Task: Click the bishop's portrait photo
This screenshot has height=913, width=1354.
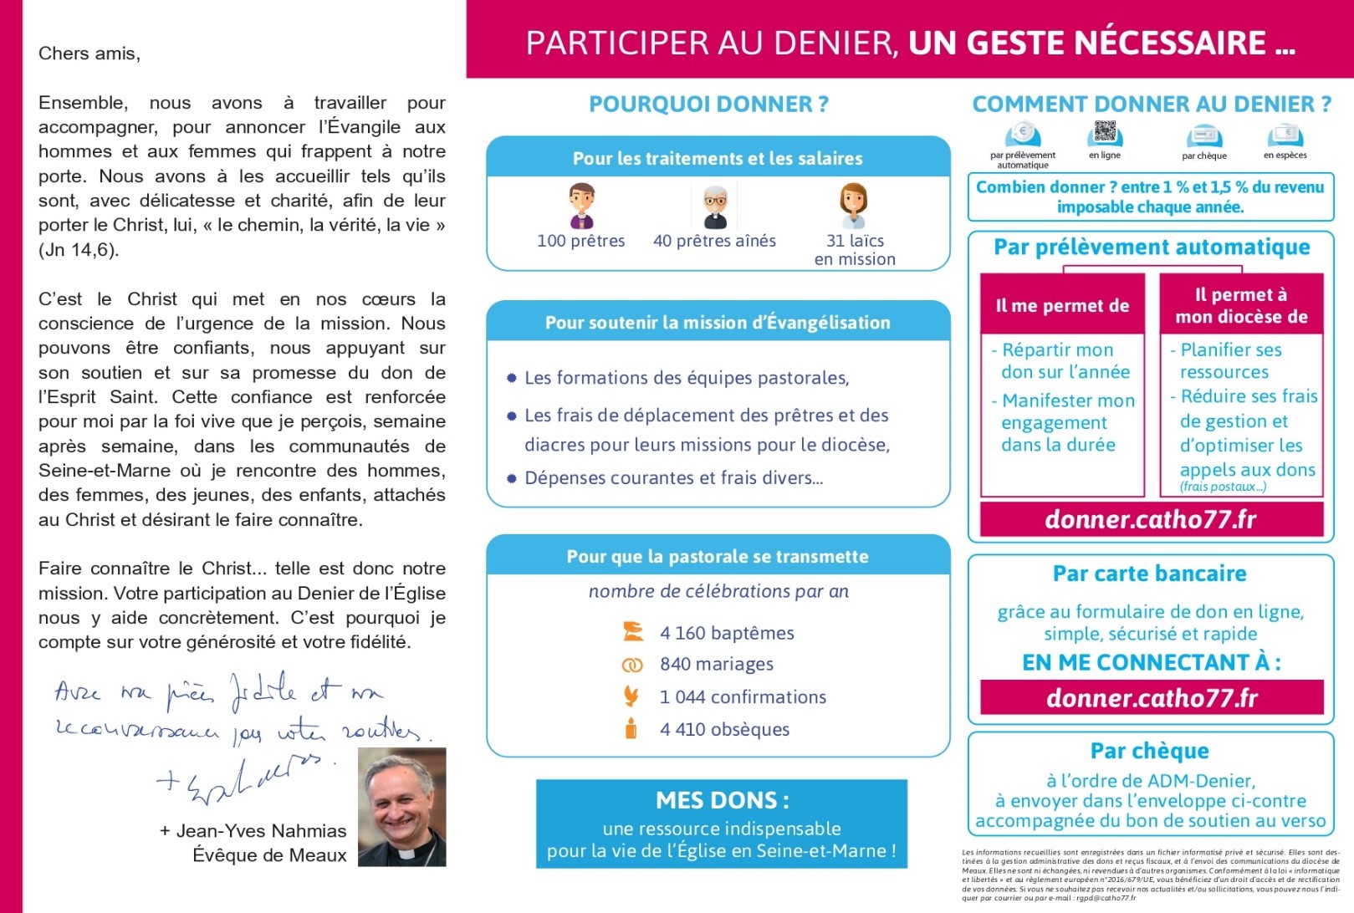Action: click(x=401, y=807)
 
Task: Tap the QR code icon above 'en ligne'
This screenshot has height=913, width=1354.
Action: click(x=1105, y=133)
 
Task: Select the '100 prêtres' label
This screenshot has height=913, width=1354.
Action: click(x=580, y=241)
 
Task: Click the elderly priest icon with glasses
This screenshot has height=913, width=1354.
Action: click(x=715, y=207)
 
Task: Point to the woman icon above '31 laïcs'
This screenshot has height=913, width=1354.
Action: click(x=853, y=205)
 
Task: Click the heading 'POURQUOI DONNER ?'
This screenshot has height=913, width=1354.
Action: click(x=708, y=105)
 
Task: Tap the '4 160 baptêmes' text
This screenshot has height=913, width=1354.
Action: click(x=727, y=633)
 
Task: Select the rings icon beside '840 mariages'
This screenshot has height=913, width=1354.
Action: click(x=632, y=665)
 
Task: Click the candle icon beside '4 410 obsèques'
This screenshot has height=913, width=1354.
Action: click(x=631, y=728)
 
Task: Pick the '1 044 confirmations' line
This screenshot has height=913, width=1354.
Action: click(x=743, y=697)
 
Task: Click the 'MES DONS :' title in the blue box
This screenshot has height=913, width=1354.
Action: click(x=722, y=800)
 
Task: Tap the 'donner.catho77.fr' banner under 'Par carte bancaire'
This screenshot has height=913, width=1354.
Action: click(x=1152, y=698)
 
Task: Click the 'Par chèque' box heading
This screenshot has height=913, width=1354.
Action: click(x=1149, y=751)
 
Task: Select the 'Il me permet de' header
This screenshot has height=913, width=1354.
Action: click(x=1062, y=306)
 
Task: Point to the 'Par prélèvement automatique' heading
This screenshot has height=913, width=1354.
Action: click(x=1152, y=247)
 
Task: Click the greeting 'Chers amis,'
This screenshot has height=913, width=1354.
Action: click(x=89, y=54)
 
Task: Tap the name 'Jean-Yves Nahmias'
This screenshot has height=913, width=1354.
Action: click(x=261, y=831)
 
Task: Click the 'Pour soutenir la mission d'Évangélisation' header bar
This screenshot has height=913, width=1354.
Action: click(x=718, y=323)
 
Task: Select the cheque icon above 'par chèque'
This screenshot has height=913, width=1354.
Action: click(x=1203, y=136)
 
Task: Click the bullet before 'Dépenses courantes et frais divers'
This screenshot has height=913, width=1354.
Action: click(x=512, y=478)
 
